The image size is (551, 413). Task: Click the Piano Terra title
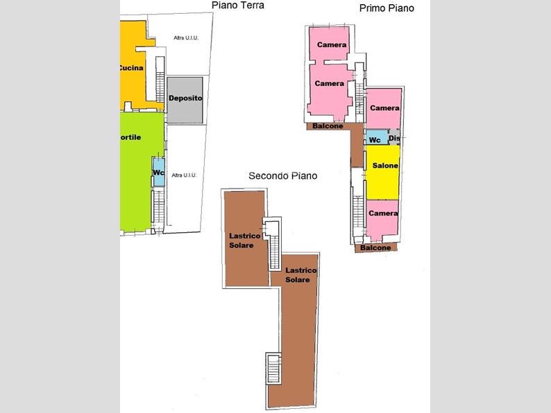coord(237,6)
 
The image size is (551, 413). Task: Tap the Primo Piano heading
coord(387,8)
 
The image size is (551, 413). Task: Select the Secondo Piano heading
coord(282,176)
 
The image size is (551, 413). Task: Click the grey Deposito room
coord(185,98)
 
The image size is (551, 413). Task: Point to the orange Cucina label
coord(130,68)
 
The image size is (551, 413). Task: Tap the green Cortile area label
coord(130,137)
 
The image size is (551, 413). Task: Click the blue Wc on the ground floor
coord(158,172)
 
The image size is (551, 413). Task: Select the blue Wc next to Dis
coord(375,139)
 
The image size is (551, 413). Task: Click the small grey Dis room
coord(394,139)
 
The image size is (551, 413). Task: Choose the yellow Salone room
coord(384,166)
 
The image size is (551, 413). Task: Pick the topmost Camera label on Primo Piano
coord(332,45)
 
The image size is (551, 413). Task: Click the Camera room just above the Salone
coord(384,108)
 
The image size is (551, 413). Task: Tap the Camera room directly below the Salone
coord(383,213)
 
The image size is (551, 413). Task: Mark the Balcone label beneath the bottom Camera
coord(376,247)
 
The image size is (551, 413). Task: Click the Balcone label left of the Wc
coord(327,126)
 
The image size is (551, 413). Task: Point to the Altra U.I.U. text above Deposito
coord(186,38)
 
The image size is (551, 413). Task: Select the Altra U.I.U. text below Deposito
coord(183,175)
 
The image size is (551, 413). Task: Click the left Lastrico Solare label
coord(244,240)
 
